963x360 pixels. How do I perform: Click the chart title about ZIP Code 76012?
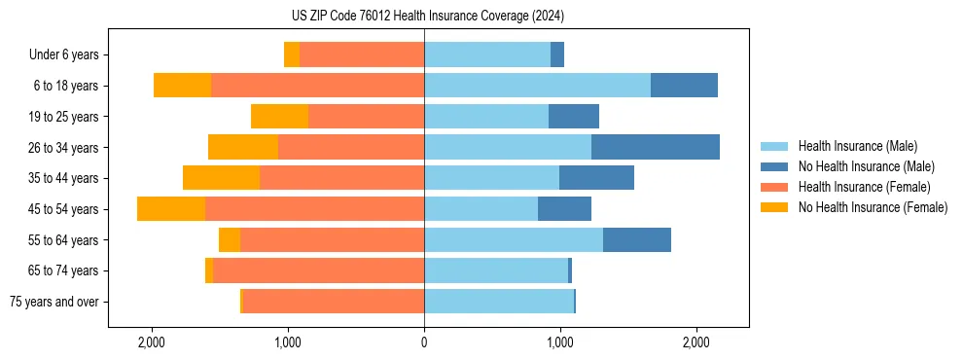[x=481, y=16]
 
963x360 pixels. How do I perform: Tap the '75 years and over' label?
[x=54, y=302]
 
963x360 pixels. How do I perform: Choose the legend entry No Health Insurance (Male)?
[x=866, y=166]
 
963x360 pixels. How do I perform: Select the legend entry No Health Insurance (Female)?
[x=873, y=207]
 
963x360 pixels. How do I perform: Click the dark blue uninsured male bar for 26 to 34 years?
[x=656, y=147]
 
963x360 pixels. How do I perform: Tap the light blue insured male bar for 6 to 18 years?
[x=537, y=86]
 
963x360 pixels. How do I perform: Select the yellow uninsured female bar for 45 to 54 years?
[x=171, y=209]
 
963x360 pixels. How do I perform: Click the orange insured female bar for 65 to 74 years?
[x=318, y=270]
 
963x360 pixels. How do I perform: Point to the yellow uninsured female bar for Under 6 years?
[x=292, y=54]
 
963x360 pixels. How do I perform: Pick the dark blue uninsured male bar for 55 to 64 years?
[x=637, y=239]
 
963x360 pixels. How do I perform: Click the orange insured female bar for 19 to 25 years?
[x=366, y=117]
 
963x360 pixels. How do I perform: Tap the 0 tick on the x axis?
[x=424, y=342]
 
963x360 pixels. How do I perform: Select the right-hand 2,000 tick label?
[x=695, y=342]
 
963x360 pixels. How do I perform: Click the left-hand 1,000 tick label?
[x=288, y=342]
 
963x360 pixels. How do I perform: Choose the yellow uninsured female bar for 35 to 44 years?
[x=221, y=178]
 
